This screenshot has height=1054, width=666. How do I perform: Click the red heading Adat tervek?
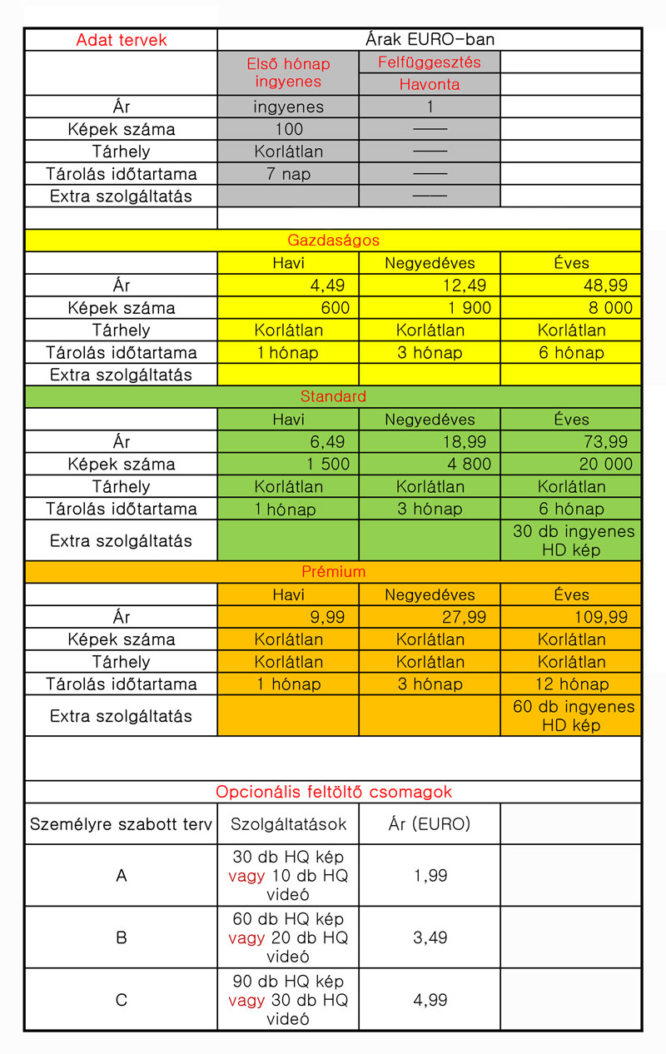[x=122, y=40]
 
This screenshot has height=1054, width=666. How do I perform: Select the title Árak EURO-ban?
[x=430, y=40]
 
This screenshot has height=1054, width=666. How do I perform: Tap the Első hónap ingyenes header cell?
[x=288, y=73]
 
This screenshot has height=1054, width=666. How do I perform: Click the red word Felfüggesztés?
[x=430, y=62]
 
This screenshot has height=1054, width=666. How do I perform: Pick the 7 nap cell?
[x=288, y=174]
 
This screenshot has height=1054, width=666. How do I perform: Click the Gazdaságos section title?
[x=333, y=241]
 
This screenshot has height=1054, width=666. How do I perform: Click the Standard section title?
[x=333, y=396]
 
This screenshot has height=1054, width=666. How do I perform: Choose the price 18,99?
[x=470, y=441]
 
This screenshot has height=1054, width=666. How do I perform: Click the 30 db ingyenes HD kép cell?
[x=574, y=540]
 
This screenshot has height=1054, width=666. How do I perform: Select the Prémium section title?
[x=333, y=572]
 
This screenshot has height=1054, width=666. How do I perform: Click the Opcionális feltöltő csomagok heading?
[x=333, y=792]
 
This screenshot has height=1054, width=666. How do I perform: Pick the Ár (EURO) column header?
[x=430, y=824]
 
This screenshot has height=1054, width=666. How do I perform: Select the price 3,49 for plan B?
[x=430, y=937]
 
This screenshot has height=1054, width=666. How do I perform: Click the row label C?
[x=122, y=1000]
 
